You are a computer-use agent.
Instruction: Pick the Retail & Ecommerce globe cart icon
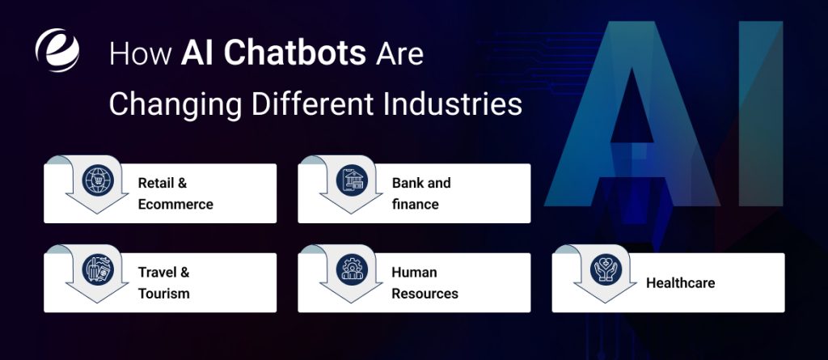click(x=99, y=180)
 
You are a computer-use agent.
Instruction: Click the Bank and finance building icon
click(x=353, y=180)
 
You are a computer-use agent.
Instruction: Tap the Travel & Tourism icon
click(x=99, y=269)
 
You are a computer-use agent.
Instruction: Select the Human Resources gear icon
click(x=353, y=269)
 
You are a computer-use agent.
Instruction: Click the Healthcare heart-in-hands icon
click(x=606, y=269)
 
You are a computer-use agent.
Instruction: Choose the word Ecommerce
click(x=175, y=204)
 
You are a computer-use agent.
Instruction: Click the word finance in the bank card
click(x=415, y=204)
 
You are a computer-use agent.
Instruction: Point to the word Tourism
click(x=164, y=293)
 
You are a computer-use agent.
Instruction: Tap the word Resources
click(x=425, y=293)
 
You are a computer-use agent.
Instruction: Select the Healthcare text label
click(x=680, y=283)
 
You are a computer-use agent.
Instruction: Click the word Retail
click(x=157, y=183)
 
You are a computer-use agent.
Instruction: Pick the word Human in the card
click(x=414, y=273)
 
